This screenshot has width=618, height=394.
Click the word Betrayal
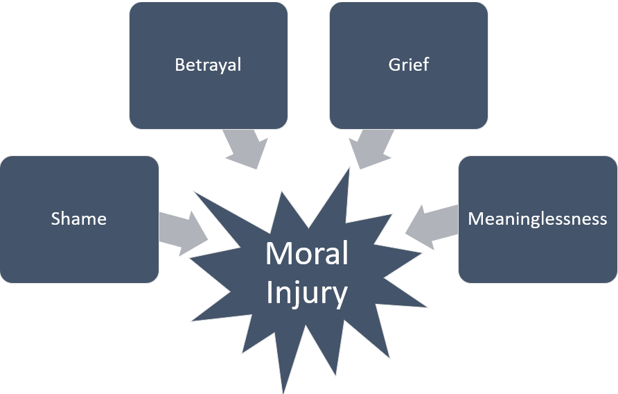[x=208, y=65]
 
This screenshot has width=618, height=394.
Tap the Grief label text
[x=408, y=65]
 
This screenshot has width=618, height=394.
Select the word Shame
[x=79, y=219]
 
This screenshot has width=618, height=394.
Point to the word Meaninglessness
[x=538, y=219]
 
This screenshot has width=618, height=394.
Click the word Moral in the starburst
[x=307, y=254]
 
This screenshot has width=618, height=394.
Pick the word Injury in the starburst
[x=307, y=293]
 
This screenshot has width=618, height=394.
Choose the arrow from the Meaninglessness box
[x=431, y=224]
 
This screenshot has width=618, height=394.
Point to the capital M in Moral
[x=277, y=254]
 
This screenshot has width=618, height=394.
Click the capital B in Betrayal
[x=179, y=65]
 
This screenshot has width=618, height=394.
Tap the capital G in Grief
[x=394, y=65]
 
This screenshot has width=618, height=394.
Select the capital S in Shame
[x=55, y=219]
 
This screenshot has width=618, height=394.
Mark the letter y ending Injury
[x=340, y=297]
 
